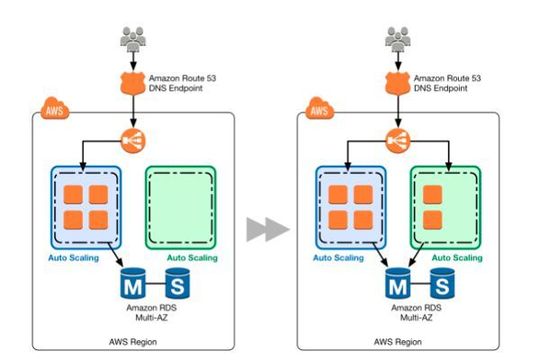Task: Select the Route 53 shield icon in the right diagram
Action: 397,81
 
